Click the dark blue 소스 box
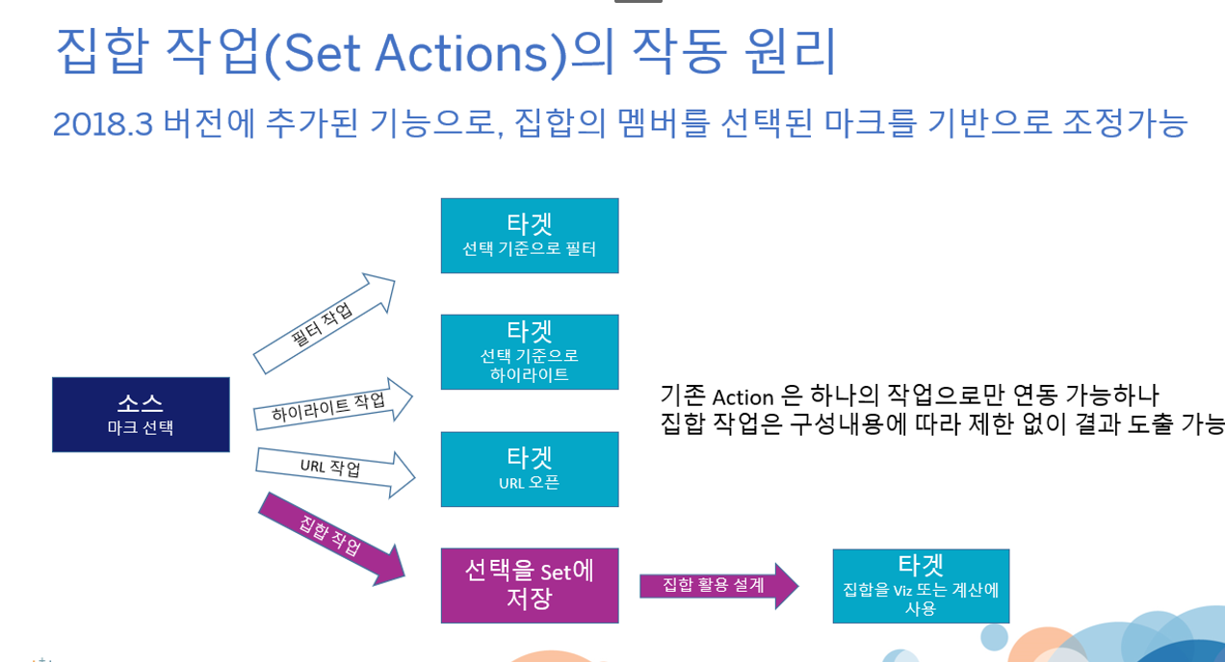141,414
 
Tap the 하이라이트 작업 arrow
331,405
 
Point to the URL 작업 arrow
333,469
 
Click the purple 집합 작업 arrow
330,537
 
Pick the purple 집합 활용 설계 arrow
717,585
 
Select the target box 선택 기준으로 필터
529,236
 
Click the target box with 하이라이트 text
529,351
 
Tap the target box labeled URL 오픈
529,469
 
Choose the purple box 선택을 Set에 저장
529,585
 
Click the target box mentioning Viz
920,585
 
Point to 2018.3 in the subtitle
102,123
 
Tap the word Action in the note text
743,395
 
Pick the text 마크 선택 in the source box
141,428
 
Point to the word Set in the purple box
556,572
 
